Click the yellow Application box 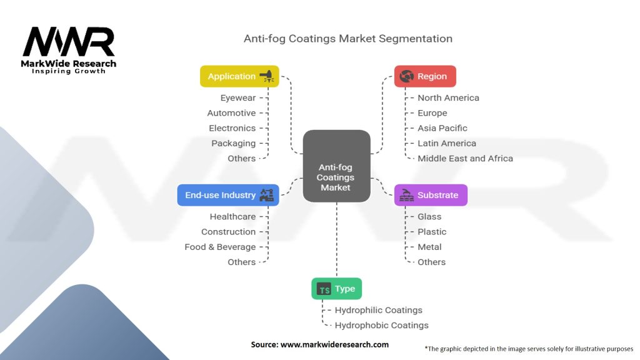click(x=239, y=76)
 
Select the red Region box click(x=425, y=76)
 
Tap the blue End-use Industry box click(x=228, y=195)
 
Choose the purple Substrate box click(x=431, y=195)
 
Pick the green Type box click(x=337, y=289)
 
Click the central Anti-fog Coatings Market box click(x=336, y=166)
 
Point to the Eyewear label click(x=237, y=98)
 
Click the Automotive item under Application click(x=231, y=113)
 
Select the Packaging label click(x=233, y=143)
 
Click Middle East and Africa click(x=465, y=159)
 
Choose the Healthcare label click(x=232, y=217)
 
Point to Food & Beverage click(x=220, y=247)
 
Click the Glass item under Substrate click(x=429, y=217)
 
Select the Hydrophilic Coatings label click(x=378, y=310)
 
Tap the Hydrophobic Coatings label click(x=381, y=326)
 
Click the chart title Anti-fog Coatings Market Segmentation click(x=347, y=39)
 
